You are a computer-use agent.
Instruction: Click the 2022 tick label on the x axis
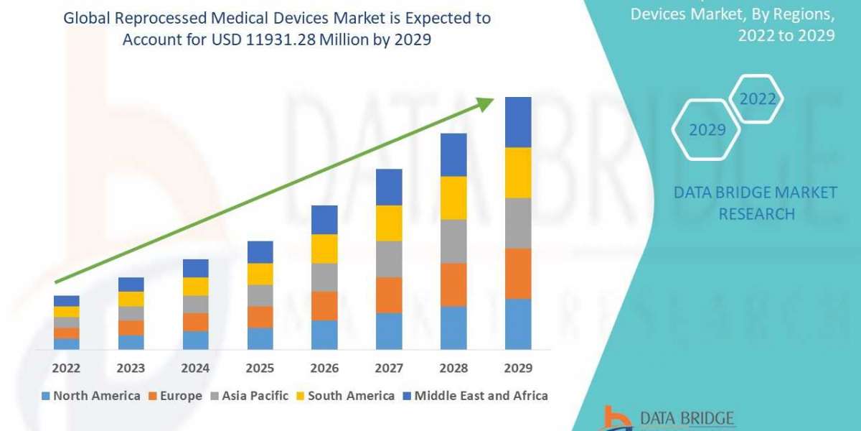coord(66,368)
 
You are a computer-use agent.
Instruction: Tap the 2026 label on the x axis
coord(324,368)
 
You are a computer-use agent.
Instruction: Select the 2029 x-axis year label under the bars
coord(518,368)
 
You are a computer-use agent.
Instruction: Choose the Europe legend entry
coord(177,396)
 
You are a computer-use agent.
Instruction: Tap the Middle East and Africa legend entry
coord(474,396)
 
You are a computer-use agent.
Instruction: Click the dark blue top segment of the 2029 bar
coord(518,122)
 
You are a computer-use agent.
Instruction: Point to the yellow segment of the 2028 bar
coord(453,198)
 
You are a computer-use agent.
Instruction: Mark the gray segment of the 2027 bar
coord(389,259)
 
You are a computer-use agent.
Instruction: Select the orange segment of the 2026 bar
coord(324,306)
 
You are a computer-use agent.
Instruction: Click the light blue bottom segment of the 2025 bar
coord(260,338)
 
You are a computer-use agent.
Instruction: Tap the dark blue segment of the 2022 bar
coord(66,300)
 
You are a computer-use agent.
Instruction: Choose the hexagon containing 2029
coord(707,130)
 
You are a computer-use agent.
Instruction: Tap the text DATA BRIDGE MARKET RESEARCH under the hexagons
coord(756,203)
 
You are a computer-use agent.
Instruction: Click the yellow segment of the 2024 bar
coord(195,287)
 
